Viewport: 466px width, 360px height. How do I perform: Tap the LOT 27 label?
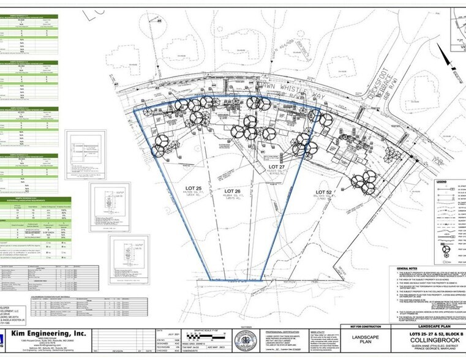[278, 167]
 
